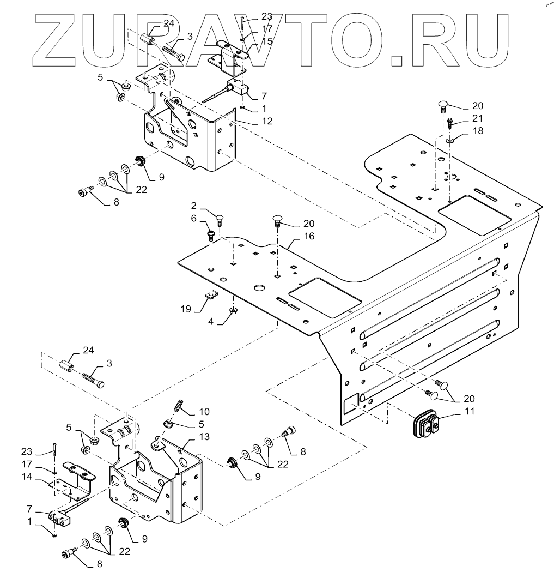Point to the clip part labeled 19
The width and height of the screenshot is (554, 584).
(x=212, y=296)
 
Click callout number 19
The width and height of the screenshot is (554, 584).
(x=186, y=309)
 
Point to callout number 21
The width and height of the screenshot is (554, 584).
(x=462, y=118)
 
